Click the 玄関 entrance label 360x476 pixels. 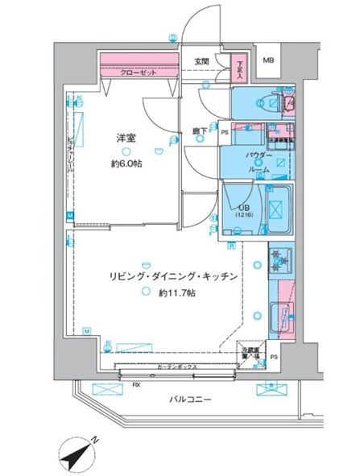click(x=201, y=62)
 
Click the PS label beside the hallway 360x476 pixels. click(x=225, y=132)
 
